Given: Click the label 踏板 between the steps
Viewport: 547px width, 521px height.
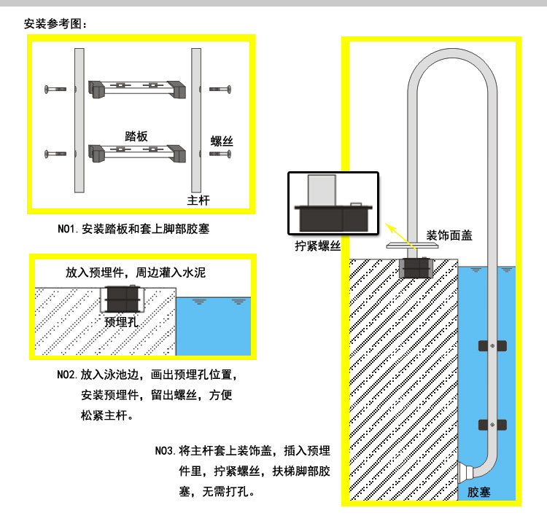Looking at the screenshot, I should tap(136, 136).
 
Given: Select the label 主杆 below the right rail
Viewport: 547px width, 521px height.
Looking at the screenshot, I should tap(198, 200).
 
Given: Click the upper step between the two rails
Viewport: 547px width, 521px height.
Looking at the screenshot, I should tap(136, 89).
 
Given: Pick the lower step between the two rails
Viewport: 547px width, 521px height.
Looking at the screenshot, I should tap(136, 154).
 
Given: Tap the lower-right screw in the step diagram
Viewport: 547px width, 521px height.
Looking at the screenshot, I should tap(220, 154).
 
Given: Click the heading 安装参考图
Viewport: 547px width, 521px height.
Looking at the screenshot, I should tap(55, 23).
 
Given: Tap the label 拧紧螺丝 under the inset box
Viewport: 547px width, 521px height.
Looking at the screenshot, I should tap(318, 246).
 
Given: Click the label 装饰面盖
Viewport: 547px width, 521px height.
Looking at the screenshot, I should tap(449, 235).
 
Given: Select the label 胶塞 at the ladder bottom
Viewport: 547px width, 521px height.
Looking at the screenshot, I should tap(479, 493).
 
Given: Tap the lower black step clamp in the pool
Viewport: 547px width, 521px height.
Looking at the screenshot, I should tap(493, 424).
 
